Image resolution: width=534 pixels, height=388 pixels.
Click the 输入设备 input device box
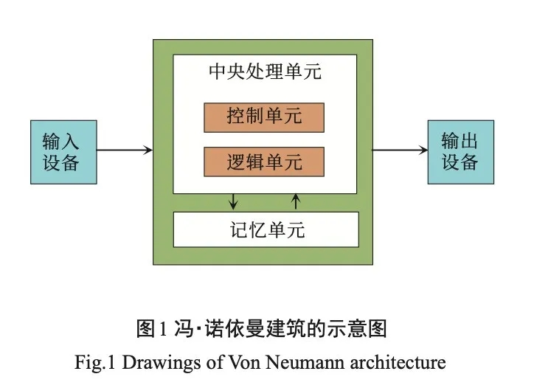[x=63, y=152]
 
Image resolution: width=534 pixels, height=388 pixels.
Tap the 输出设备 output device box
[x=461, y=152]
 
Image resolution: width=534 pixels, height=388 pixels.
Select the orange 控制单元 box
[x=264, y=117]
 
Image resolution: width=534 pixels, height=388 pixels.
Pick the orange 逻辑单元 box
[x=264, y=162]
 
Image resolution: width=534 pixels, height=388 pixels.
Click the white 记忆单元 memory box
[x=266, y=229]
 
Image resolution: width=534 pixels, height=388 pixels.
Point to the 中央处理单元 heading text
[x=265, y=72]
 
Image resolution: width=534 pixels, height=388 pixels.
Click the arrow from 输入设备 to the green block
[x=125, y=150]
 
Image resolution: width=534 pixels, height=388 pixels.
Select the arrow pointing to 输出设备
[x=400, y=150]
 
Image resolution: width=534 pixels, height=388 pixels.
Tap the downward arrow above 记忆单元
[x=233, y=201]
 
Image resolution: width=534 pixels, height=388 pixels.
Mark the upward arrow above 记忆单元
[x=296, y=201]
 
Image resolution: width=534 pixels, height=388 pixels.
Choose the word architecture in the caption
[x=398, y=361]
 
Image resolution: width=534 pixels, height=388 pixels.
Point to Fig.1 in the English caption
[x=95, y=362]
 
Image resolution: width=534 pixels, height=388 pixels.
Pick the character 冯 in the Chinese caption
[x=184, y=328]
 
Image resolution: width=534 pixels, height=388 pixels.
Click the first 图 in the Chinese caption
[x=146, y=328]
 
